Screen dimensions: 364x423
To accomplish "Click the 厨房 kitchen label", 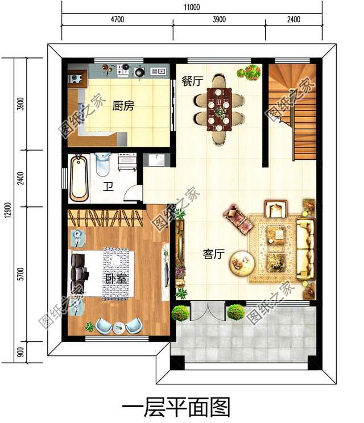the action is coord(123,106).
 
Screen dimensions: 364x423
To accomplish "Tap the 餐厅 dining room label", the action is coord(192,81).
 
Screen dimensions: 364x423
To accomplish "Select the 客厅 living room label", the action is coord(214,254).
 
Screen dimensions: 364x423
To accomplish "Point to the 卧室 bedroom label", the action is coord(116,279).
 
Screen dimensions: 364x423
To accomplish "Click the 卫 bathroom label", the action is coord(108,186).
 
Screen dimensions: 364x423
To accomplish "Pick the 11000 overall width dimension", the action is coord(192,7).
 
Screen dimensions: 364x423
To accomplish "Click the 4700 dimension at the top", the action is coord(117,19).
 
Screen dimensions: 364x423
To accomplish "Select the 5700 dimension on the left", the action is coord(20,274).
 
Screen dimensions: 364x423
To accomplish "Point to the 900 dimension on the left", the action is coord(20,352).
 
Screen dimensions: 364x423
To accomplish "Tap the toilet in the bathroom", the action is coord(102,164).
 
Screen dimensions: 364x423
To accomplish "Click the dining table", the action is coord(219,110).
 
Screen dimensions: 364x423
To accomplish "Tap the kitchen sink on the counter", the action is coord(158,71).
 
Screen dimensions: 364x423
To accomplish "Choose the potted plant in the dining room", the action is coord(249,72).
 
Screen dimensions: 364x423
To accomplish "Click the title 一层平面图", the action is coord(176,408).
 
